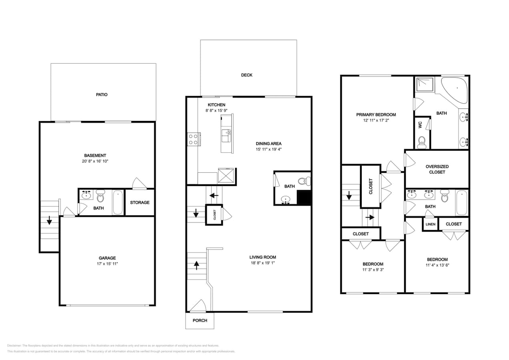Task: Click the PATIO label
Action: click(x=101, y=95)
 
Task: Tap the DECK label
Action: click(x=246, y=75)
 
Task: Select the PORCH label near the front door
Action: click(x=200, y=320)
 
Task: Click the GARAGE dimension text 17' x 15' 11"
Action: click(x=107, y=264)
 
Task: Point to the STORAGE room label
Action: click(x=140, y=202)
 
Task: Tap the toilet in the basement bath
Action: click(x=100, y=196)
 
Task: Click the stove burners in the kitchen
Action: click(x=193, y=140)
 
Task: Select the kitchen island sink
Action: click(x=227, y=134)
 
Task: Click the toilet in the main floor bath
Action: click(x=305, y=182)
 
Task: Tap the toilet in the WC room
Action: click(x=422, y=142)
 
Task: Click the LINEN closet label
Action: click(x=430, y=224)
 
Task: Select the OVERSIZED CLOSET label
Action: click(x=437, y=169)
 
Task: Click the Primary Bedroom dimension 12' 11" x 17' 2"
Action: click(x=376, y=120)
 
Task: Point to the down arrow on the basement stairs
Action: click(x=49, y=220)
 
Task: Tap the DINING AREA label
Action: click(x=269, y=144)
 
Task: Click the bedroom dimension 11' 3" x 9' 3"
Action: click(x=373, y=270)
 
